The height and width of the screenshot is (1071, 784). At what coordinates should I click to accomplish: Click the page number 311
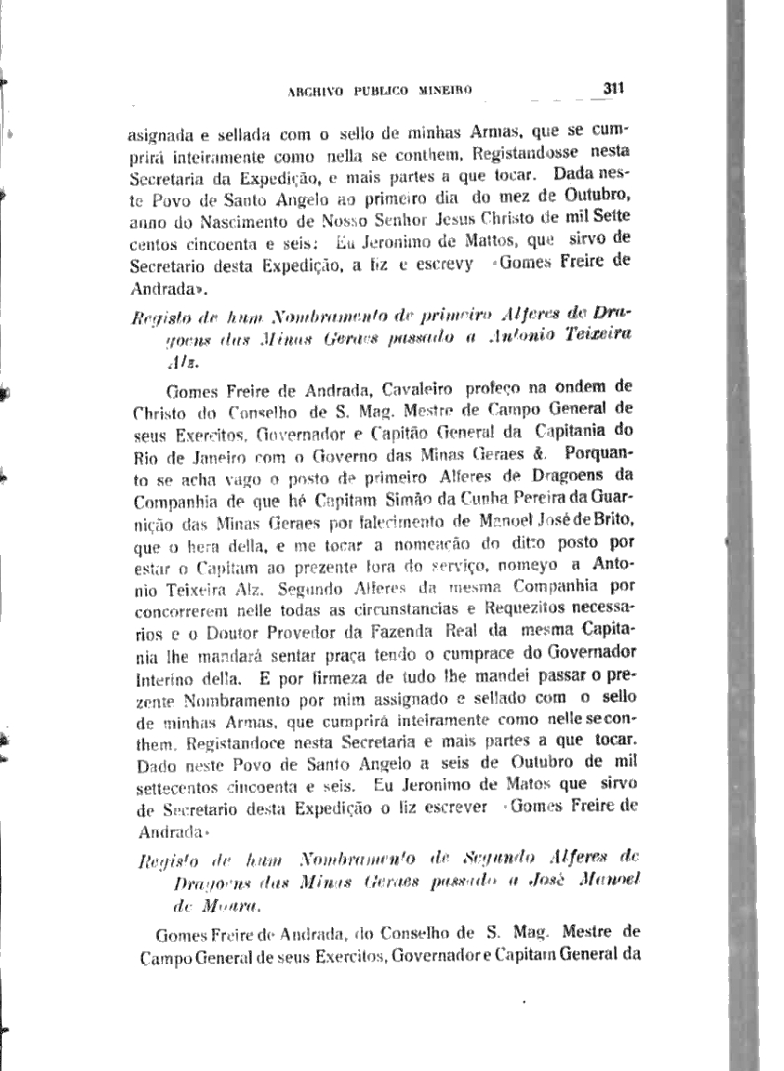612,88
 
